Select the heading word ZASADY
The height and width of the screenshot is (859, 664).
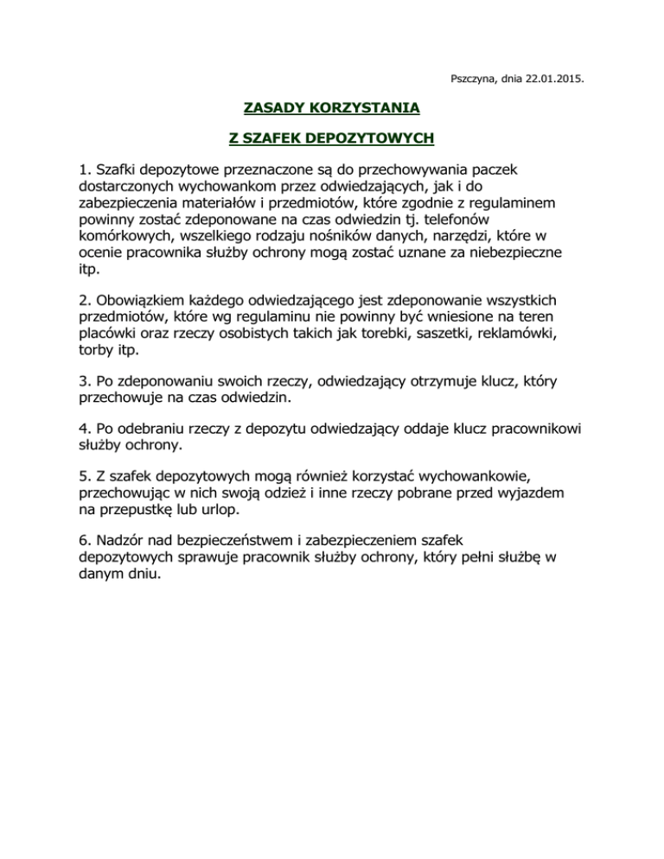[269, 108]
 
